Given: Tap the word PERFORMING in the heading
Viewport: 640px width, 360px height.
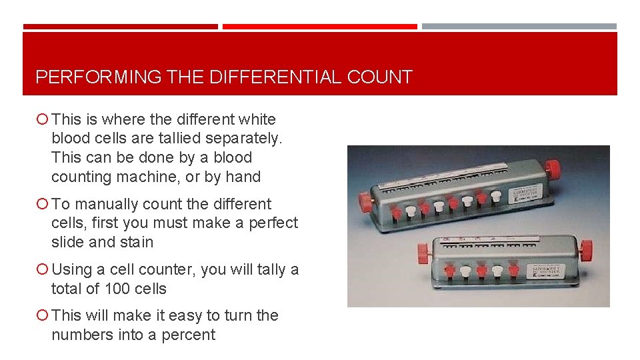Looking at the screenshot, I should (98, 77).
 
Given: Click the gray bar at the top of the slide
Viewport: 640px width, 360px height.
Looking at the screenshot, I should (519, 27).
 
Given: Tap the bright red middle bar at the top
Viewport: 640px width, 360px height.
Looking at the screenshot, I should (320, 27).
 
